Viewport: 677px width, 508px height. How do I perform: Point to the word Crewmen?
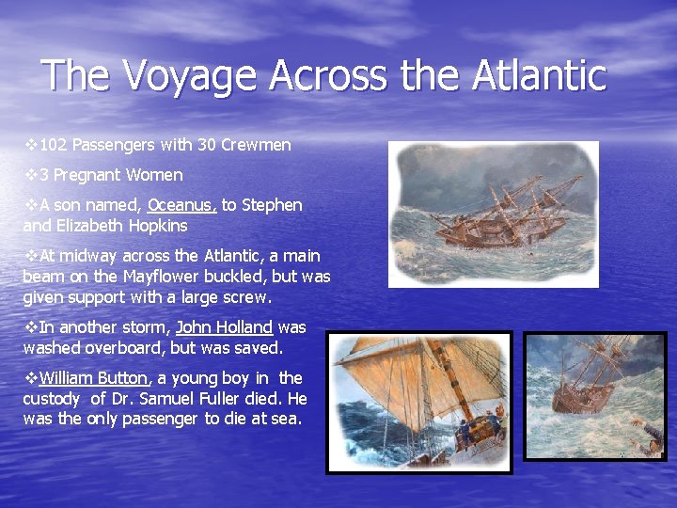[x=256, y=145]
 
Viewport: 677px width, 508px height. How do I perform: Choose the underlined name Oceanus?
[x=182, y=205]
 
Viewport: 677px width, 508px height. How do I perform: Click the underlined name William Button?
[x=94, y=378]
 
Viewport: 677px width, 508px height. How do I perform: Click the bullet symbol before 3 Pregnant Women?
[x=30, y=175]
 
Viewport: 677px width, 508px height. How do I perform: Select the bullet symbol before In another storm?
[x=30, y=327]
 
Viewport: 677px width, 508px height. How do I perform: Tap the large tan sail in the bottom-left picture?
[x=395, y=376]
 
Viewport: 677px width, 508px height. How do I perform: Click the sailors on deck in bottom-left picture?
[x=475, y=428]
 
